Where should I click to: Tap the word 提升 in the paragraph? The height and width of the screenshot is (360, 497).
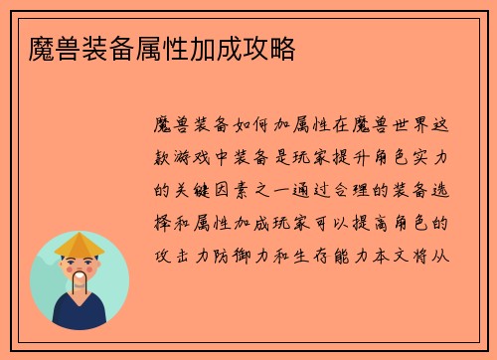[355, 158]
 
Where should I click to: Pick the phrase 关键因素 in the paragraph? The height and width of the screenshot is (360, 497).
[224, 190]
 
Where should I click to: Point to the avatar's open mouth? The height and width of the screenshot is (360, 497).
[80, 273]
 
